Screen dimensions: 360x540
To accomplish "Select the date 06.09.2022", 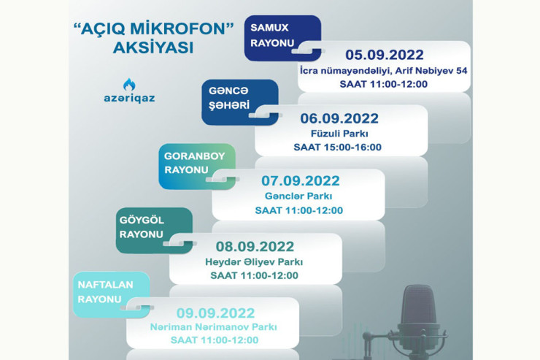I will point(339,119).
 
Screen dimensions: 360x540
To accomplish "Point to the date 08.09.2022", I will point(255,247).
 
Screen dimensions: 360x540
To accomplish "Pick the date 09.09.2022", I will point(212,310).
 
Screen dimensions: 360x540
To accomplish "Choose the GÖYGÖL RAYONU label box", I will point(144,226).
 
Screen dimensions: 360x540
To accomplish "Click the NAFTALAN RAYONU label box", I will point(101,291).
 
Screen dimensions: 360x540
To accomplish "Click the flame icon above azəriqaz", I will point(129,84).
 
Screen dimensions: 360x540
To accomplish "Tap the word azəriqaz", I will point(129,97).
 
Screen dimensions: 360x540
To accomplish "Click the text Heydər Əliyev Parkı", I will point(254,261).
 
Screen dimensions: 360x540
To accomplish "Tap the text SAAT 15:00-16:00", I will point(338,148).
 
